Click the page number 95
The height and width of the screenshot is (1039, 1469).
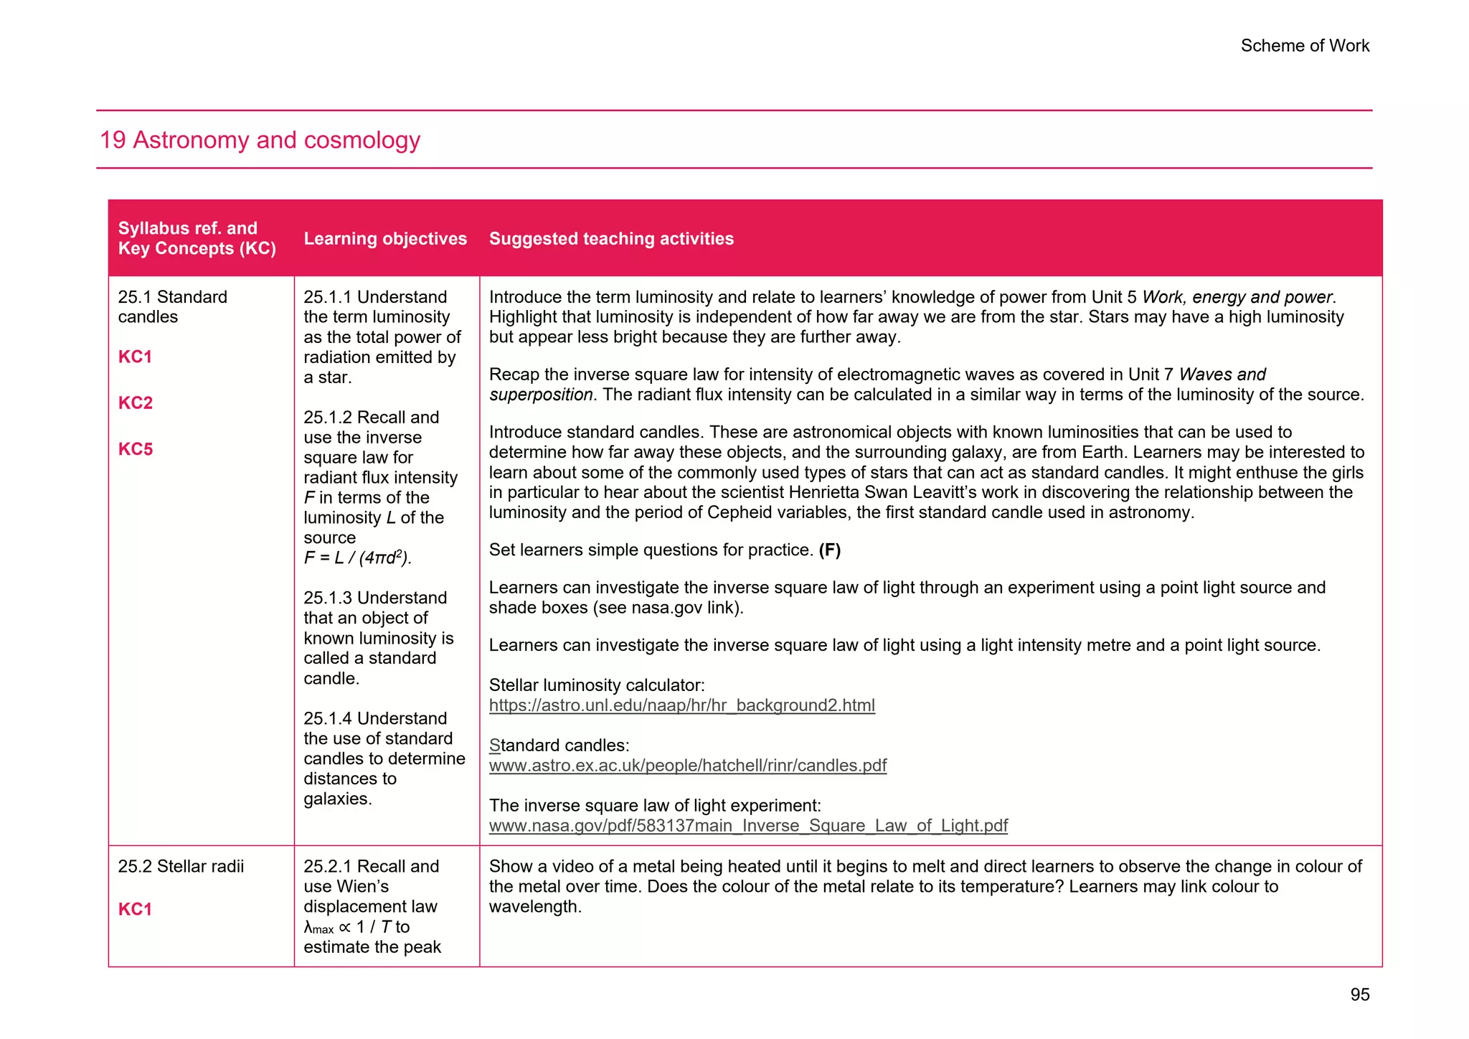click(1359, 995)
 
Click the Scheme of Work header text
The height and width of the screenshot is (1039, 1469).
click(1304, 46)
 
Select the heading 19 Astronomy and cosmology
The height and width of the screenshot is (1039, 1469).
click(260, 140)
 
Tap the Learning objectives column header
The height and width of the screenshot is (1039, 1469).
click(385, 239)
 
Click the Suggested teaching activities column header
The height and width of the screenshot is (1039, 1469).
click(611, 239)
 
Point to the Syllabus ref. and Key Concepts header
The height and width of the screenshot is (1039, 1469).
click(197, 238)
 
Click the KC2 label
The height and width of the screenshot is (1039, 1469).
click(136, 403)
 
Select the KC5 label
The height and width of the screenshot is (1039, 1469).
click(136, 449)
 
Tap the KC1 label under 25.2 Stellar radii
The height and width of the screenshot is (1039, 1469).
click(135, 909)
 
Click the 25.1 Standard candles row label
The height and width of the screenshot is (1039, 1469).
click(172, 307)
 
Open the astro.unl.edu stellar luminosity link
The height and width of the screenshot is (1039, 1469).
click(681, 705)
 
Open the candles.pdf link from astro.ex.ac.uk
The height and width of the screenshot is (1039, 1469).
click(687, 766)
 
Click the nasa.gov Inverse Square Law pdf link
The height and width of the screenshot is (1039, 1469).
click(748, 826)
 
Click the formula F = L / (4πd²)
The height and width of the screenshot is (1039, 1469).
click(357, 558)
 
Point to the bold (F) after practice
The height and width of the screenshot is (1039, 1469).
click(830, 550)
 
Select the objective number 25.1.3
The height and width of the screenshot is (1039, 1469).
click(328, 598)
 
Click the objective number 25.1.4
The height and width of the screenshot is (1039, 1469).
click(328, 718)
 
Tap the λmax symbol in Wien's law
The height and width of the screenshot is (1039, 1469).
click(318, 928)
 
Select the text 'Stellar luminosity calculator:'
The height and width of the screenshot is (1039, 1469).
click(597, 685)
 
